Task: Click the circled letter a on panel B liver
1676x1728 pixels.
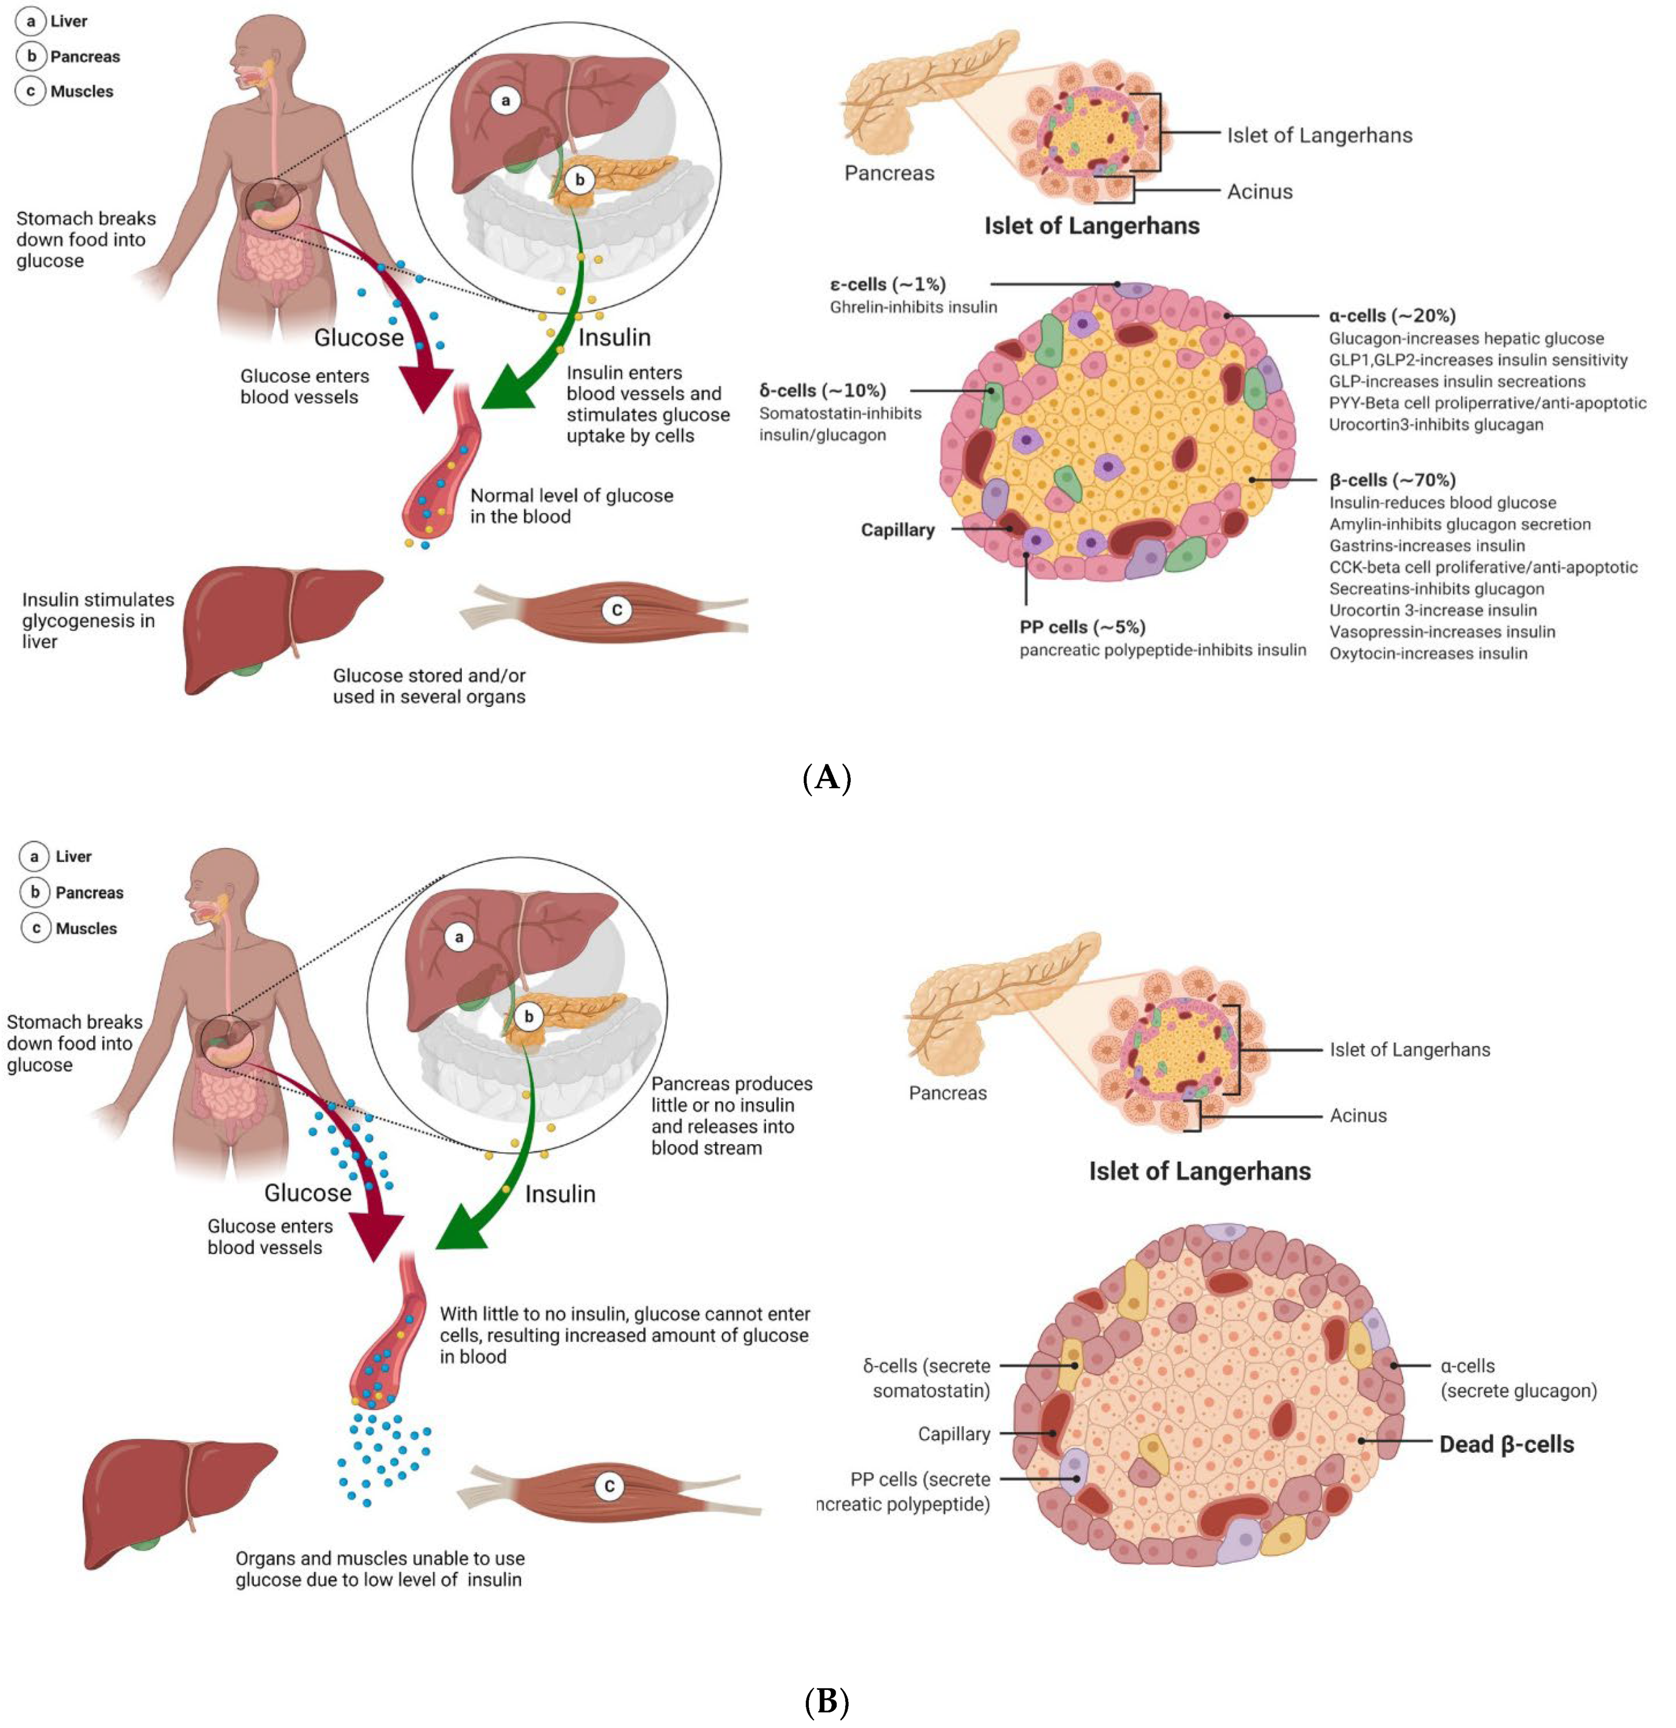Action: click(x=459, y=937)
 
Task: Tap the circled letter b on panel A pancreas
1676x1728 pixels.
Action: click(x=579, y=180)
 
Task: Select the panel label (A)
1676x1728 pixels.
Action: click(x=827, y=777)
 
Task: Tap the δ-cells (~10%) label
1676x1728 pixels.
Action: click(x=822, y=390)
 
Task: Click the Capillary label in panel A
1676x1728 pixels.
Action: click(x=898, y=530)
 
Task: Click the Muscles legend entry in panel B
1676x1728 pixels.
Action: click(x=86, y=928)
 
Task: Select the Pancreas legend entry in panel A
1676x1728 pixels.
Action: click(x=85, y=56)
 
